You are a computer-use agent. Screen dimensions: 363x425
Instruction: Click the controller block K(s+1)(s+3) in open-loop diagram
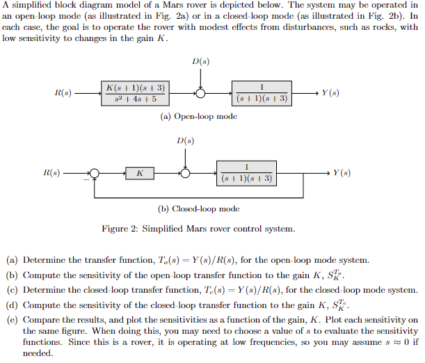(136, 93)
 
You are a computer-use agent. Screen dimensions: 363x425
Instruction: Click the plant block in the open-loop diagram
(262, 93)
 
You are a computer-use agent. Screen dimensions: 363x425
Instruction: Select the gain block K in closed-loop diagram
(140, 173)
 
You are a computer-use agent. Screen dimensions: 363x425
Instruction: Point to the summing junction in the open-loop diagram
(200, 93)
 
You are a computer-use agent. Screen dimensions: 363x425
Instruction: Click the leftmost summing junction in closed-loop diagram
(95, 173)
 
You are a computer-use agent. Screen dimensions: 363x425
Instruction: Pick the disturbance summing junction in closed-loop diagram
(185, 173)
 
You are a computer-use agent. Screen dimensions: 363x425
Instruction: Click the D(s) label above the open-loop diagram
(200, 62)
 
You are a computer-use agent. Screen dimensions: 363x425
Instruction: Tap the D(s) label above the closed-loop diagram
(185, 141)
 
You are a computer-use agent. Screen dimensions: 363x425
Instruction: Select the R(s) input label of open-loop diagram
(62, 93)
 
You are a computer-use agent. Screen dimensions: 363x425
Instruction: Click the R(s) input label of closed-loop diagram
(51, 172)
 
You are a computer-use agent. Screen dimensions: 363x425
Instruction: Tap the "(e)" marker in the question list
(12, 321)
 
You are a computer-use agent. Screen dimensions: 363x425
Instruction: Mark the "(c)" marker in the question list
(12, 290)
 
